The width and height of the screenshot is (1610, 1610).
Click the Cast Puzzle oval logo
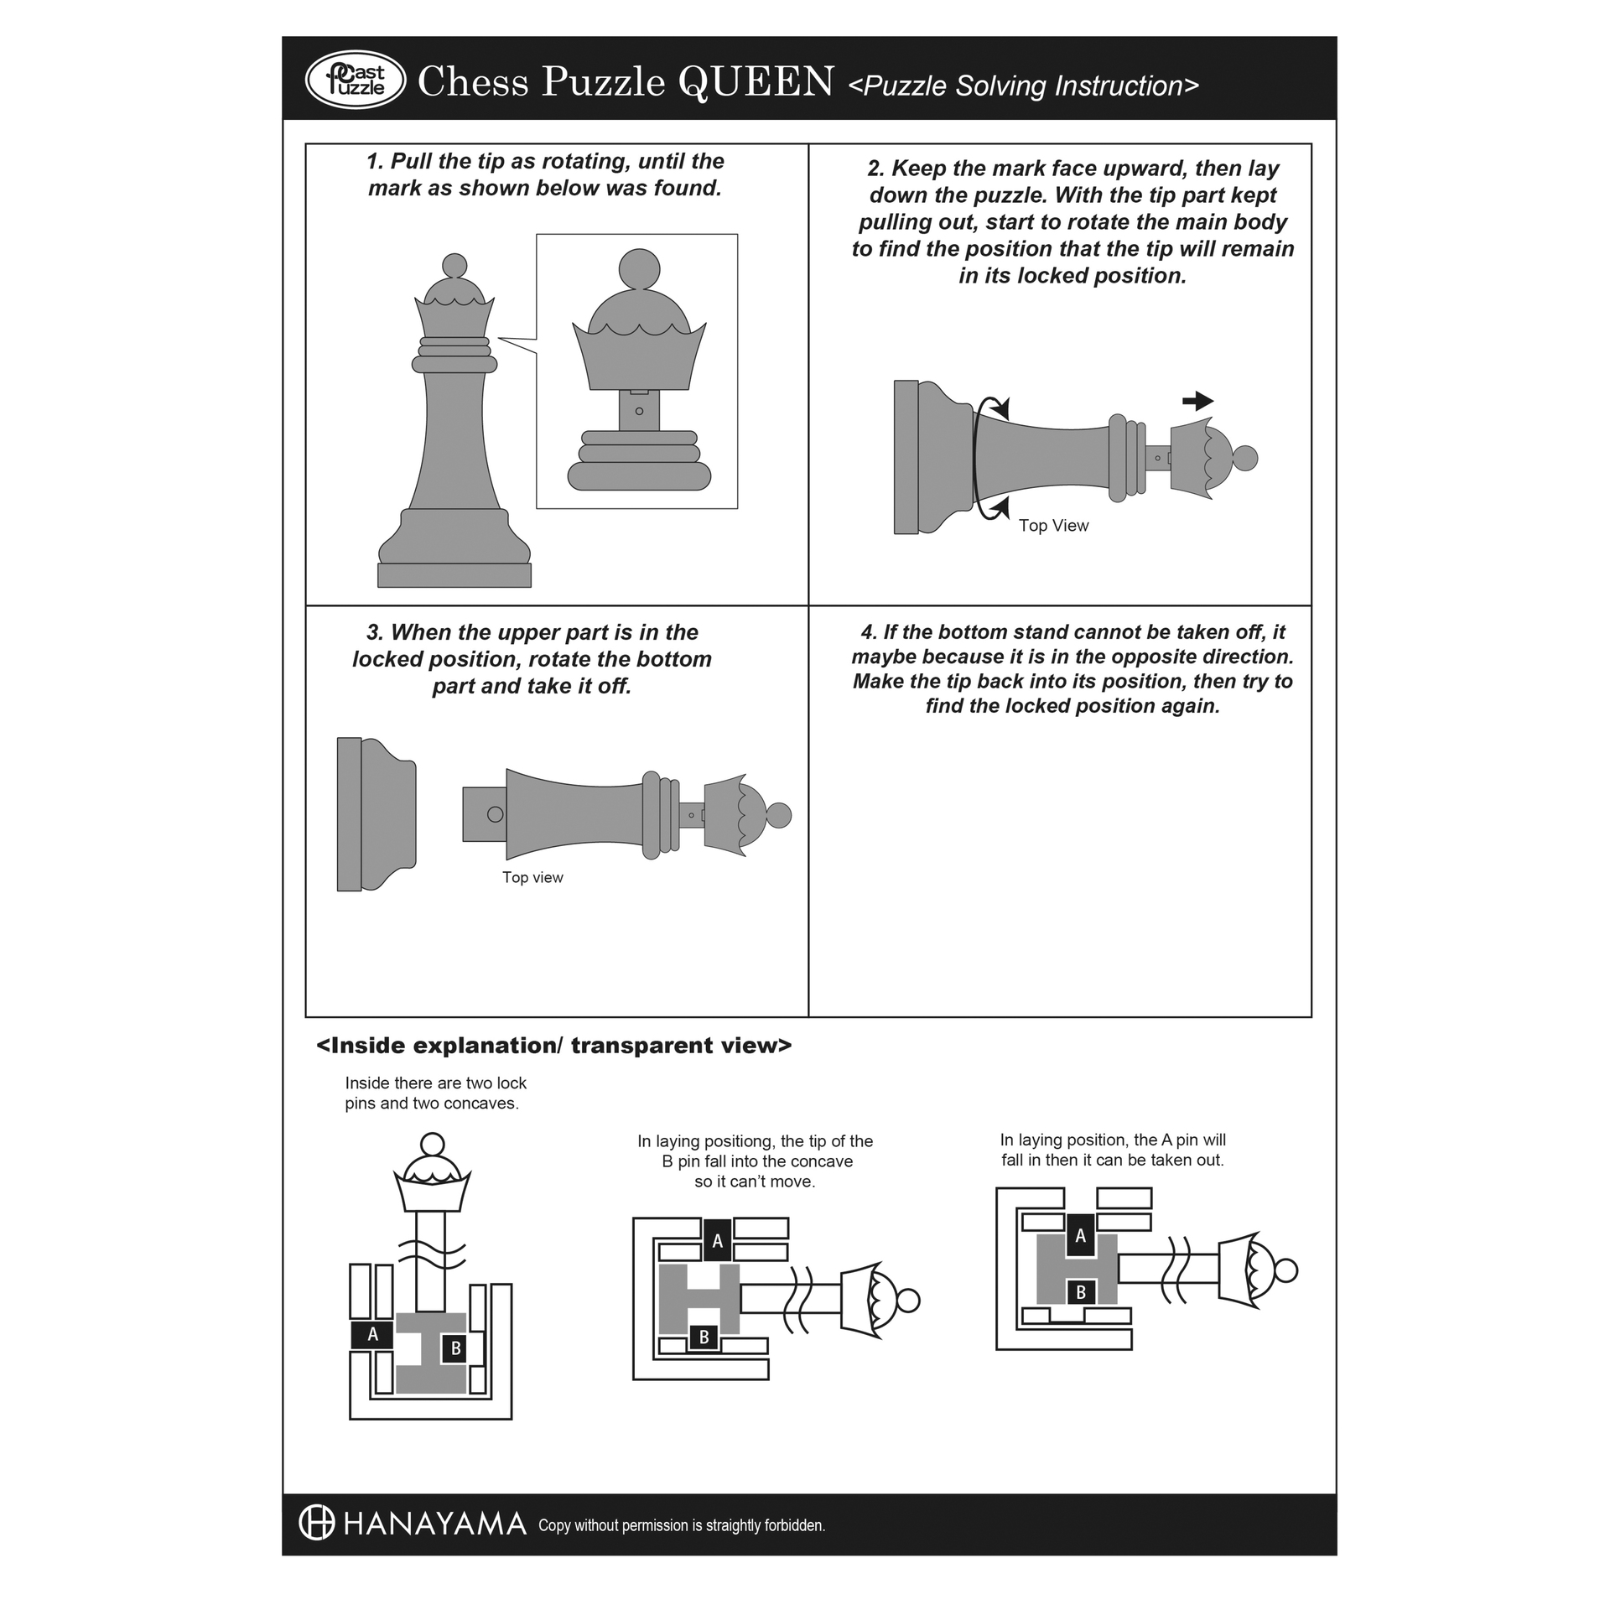coord(356,80)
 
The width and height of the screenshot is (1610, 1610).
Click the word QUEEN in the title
coord(756,82)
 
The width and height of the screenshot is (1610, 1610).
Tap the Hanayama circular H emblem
coord(317,1523)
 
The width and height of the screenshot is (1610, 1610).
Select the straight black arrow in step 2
coord(1198,401)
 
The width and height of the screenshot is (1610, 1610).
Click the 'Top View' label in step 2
coord(1053,526)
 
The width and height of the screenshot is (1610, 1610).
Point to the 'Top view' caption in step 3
coord(532,877)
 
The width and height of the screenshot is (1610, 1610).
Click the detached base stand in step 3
coord(376,814)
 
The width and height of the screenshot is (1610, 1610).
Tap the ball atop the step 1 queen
coord(454,265)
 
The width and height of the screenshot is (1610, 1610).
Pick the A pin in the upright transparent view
coord(373,1335)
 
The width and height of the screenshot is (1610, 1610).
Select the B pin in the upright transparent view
coord(455,1348)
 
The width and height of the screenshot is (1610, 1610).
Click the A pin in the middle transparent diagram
coord(717,1241)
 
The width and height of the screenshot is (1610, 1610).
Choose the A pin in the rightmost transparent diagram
coord(1080,1235)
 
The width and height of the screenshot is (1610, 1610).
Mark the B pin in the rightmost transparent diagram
coord(1081,1292)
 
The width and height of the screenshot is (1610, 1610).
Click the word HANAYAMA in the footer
coord(435,1524)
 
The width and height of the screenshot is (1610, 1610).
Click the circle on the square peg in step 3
coord(496,814)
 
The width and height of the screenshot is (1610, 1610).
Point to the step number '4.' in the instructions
coord(869,632)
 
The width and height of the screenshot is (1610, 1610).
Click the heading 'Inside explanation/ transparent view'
coord(553,1046)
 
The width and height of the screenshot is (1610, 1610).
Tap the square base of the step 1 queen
coord(454,575)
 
